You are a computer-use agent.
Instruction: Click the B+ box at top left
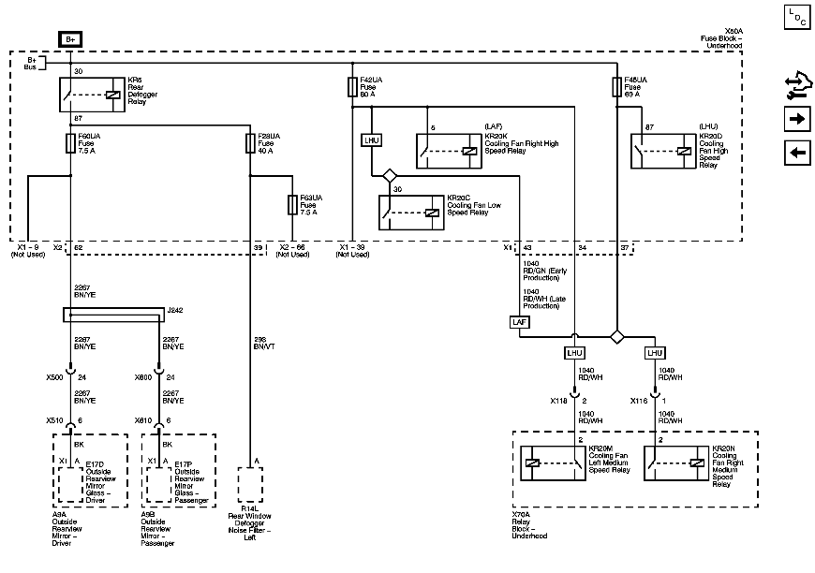pos(71,39)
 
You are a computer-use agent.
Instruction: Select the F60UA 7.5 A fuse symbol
pos(71,143)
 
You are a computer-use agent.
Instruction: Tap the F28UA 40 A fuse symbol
pos(250,143)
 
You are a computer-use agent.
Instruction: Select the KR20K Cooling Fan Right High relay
pos(446,149)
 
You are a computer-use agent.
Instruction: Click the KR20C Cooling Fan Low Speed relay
pos(409,213)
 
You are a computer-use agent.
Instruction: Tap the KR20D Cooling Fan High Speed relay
pos(661,149)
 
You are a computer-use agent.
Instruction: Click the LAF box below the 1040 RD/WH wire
pos(520,321)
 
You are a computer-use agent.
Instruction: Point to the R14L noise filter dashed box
pos(251,485)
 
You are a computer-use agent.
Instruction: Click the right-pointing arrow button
pos(796,119)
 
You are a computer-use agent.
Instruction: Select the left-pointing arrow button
pos(796,154)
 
